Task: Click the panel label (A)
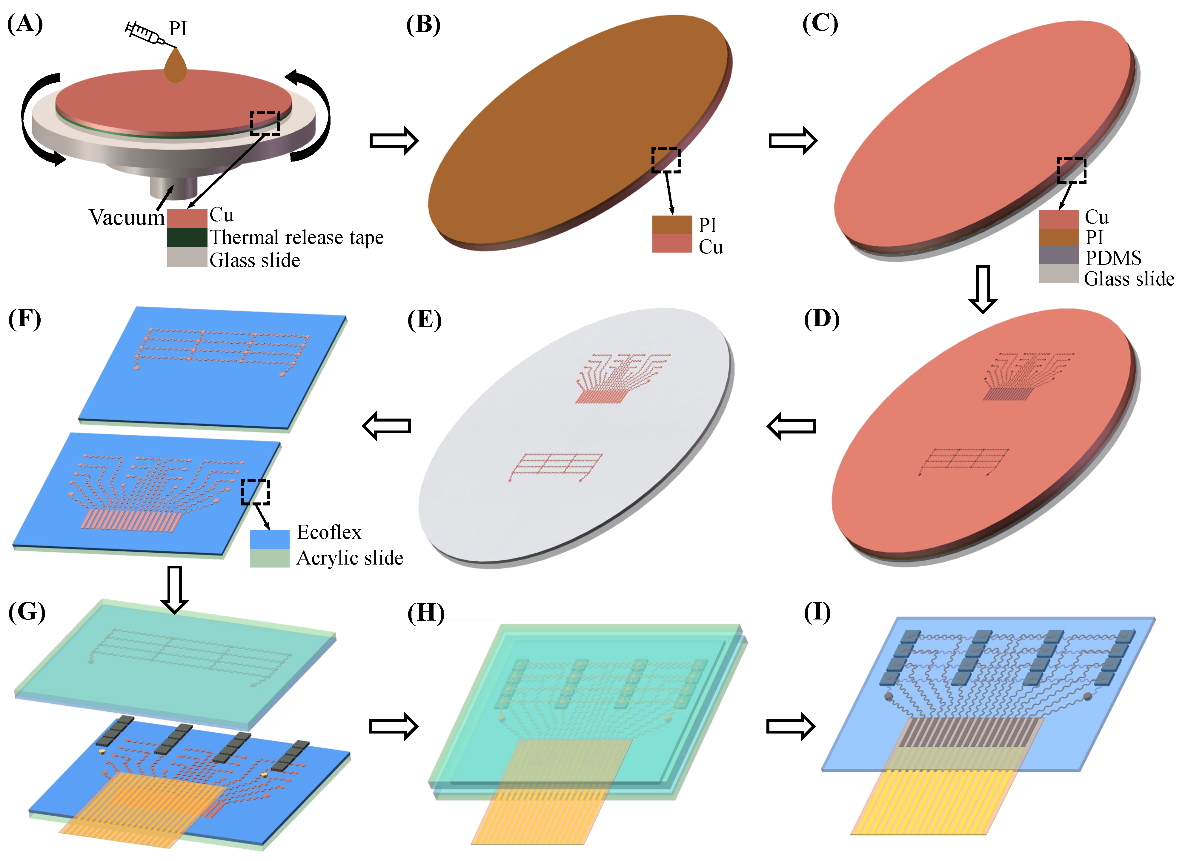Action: click(24, 24)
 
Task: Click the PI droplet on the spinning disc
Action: click(176, 67)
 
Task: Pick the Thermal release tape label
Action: click(296, 237)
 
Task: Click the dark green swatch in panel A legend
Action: click(187, 237)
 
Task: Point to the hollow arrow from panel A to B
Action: click(394, 140)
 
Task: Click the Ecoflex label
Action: click(329, 532)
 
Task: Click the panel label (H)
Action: click(425, 613)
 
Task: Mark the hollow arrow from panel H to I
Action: click(790, 726)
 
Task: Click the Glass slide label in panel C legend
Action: click(1129, 279)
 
